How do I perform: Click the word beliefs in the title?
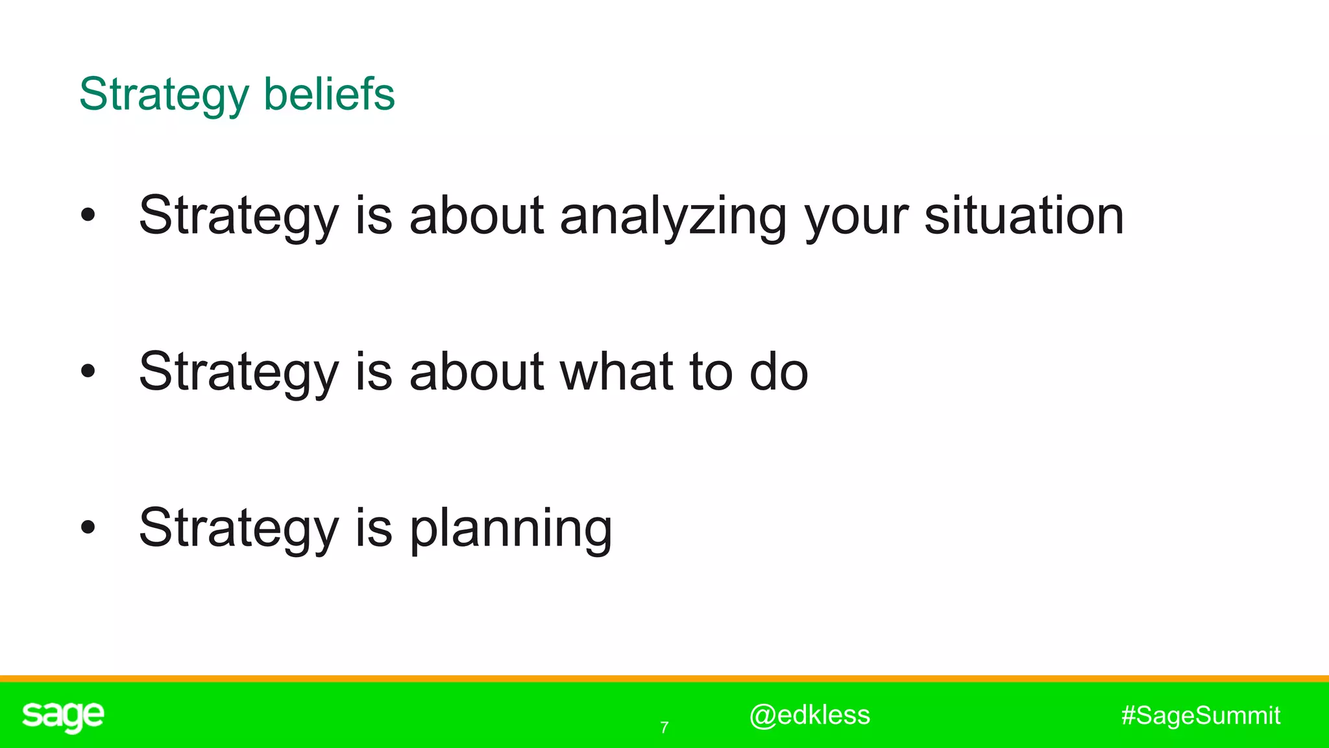329,94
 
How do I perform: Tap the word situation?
1023,216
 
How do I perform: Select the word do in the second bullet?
779,371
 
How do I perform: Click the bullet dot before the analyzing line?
88,216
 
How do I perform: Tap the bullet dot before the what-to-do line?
88,371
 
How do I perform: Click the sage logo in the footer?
63,716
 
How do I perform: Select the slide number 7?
664,728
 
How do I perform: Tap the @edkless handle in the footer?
809,715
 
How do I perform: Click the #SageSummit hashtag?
1201,716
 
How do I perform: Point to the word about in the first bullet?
476,216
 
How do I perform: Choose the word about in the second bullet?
476,371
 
